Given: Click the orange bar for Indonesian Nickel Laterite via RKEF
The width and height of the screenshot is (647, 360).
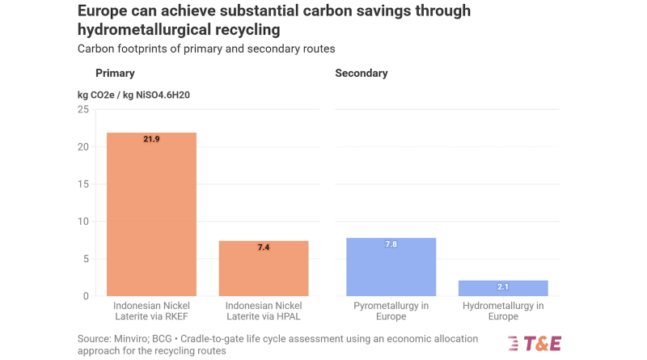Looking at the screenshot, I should pos(151,214).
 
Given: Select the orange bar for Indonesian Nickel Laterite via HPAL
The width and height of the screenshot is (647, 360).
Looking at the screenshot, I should pos(264,269).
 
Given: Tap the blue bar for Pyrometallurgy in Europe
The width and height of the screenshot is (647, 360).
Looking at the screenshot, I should pos(391,267).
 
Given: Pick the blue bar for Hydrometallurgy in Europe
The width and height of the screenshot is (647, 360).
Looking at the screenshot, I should pos(503,288).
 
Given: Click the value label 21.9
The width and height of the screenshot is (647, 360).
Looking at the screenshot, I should pos(151,139).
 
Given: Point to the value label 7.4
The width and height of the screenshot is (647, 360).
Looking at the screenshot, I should pos(264,247).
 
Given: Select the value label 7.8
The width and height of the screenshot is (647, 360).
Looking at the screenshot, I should pos(391,244).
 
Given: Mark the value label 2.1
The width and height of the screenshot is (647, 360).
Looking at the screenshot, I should pos(503,287).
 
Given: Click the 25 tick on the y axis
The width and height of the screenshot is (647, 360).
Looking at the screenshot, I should pos(83,109).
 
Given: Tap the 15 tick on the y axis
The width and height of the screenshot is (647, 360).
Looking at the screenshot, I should pos(83,184).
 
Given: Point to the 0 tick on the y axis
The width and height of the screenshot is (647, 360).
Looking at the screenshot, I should pos(86,296).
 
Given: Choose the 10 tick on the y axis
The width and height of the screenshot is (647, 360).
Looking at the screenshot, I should pos(83,222).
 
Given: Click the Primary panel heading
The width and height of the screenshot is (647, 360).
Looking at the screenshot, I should pos(115,74).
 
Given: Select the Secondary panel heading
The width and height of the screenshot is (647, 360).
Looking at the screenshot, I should pos(362,74).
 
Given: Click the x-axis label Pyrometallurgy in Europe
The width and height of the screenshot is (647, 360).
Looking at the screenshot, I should pos(391,311).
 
